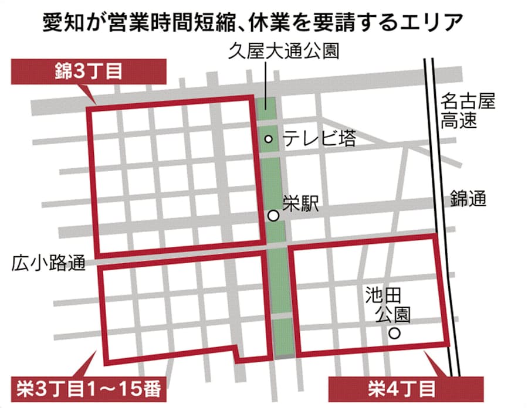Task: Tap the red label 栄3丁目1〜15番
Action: click(87, 388)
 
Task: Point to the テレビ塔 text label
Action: click(319, 139)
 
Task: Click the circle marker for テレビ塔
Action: click(269, 139)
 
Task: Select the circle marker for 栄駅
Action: click(273, 216)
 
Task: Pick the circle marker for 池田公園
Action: click(395, 333)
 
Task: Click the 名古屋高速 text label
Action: click(467, 111)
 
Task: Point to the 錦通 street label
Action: click(468, 199)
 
